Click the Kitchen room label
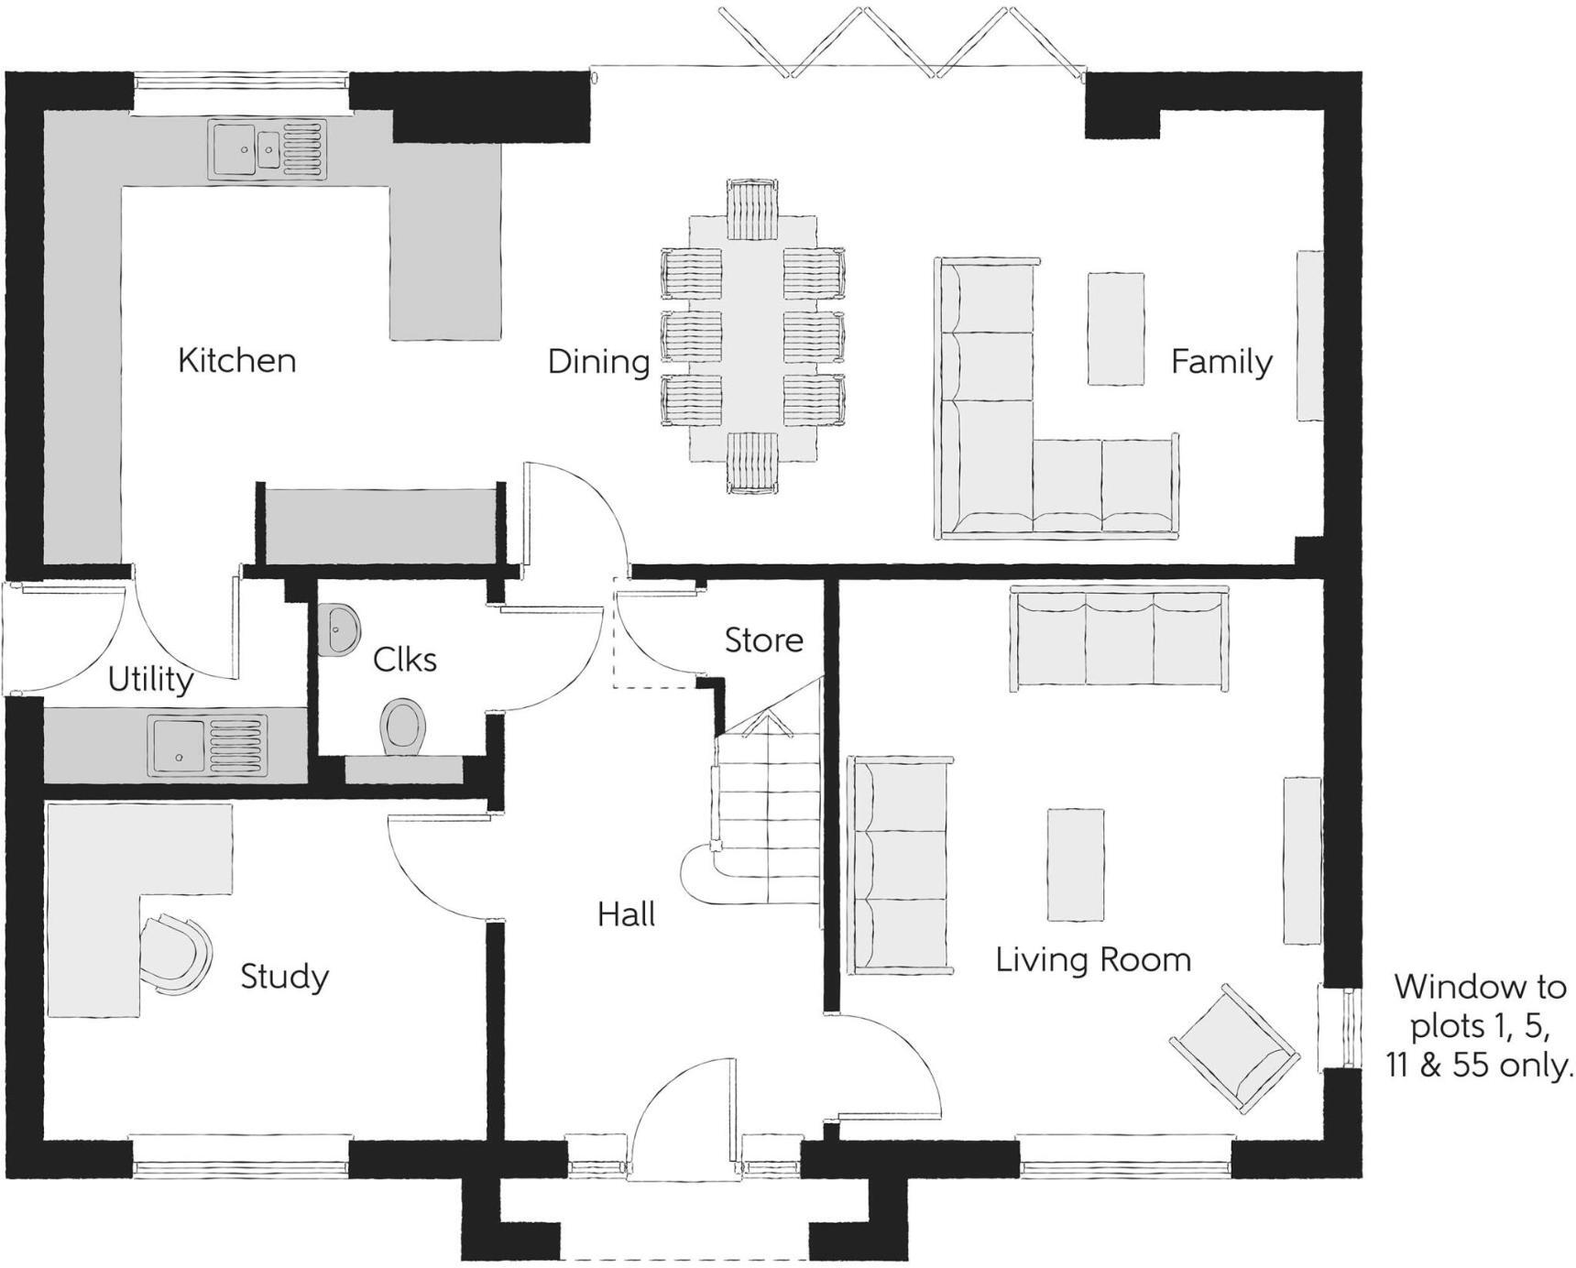[x=236, y=360]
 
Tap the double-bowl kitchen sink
[x=268, y=148]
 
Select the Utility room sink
[x=210, y=744]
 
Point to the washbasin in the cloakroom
[x=341, y=629]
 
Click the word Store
[x=763, y=639]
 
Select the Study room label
[x=284, y=977]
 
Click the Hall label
[x=626, y=913]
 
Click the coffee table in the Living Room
[x=1075, y=864]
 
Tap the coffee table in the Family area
[x=1115, y=328]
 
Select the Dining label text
[x=598, y=361]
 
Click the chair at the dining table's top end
[x=753, y=208]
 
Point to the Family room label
[x=1221, y=361]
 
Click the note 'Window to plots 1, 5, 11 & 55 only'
[x=1478, y=1026]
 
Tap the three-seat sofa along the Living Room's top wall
[x=1119, y=638]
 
